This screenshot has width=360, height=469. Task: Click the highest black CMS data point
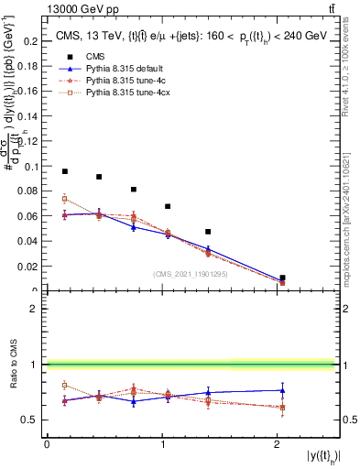pyautogui.click(x=65, y=171)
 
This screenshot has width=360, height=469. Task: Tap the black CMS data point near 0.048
pyautogui.click(x=208, y=232)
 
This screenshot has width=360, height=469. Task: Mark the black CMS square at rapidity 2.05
pyautogui.click(x=282, y=278)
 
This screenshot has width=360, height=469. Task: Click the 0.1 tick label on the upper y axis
pyautogui.click(x=30, y=167)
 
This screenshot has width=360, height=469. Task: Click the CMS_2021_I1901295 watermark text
pyautogui.click(x=192, y=274)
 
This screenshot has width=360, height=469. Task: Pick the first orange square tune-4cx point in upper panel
pyautogui.click(x=65, y=199)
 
